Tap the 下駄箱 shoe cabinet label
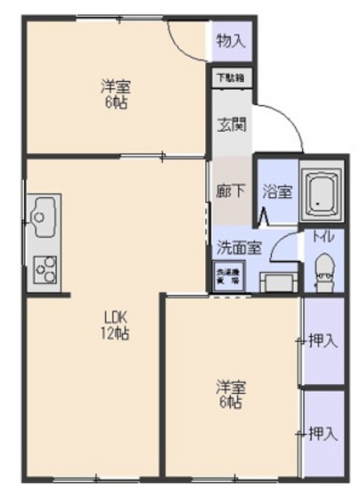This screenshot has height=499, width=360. point(231,78)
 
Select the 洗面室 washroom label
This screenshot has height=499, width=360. point(239,247)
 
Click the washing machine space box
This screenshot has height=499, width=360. point(226,275)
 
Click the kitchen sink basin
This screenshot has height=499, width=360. point(43,214)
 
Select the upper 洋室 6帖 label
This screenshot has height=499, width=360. point(116,94)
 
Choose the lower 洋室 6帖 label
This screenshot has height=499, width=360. point(231,395)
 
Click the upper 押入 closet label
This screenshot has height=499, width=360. point(323,340)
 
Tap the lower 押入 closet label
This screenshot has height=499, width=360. point(323,434)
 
